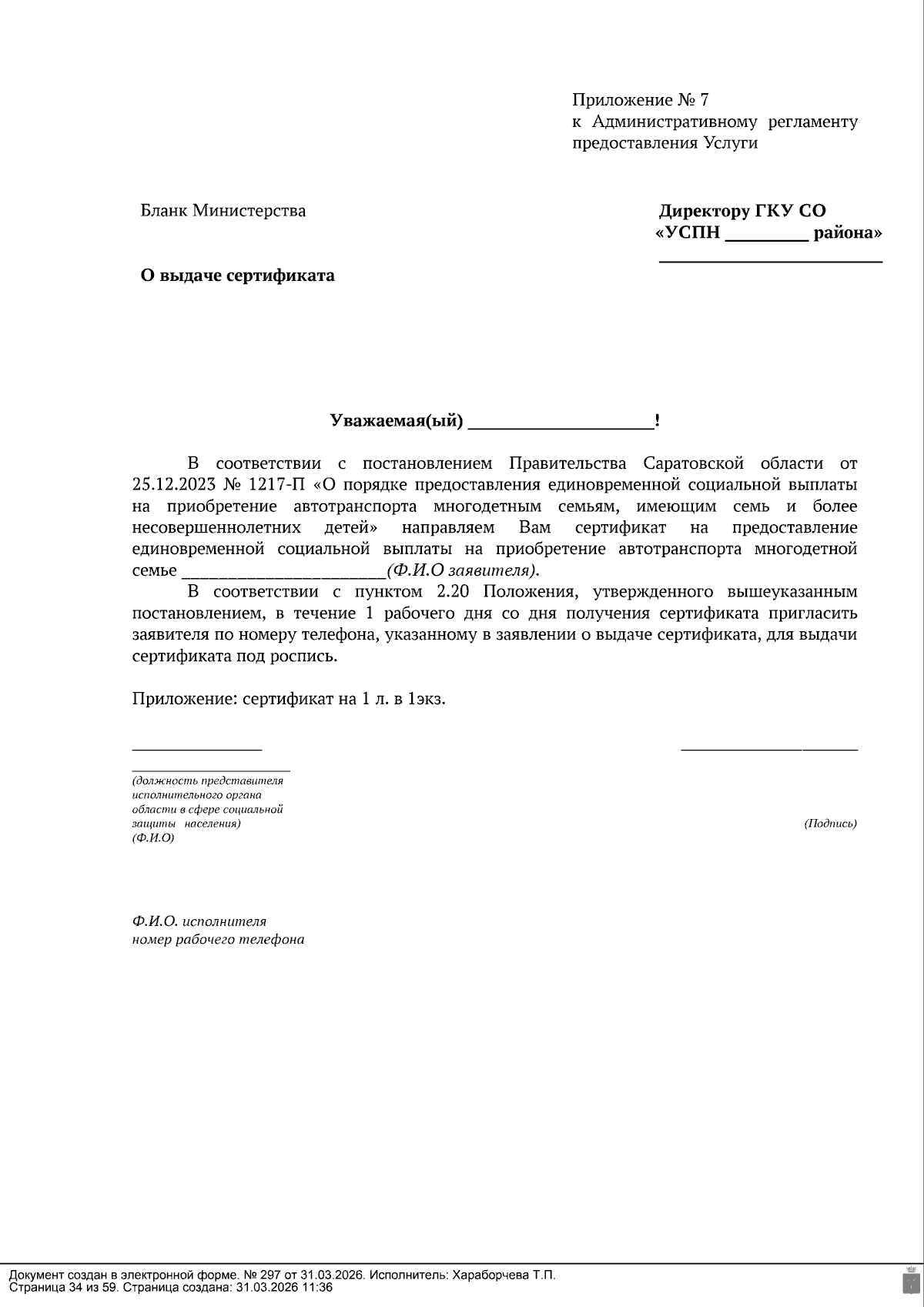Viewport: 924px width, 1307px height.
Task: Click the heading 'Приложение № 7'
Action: click(x=640, y=100)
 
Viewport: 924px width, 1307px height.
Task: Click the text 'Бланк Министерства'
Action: click(x=223, y=211)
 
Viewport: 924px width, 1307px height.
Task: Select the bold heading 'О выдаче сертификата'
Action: click(x=237, y=276)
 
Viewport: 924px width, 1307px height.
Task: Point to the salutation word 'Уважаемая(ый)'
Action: click(x=397, y=421)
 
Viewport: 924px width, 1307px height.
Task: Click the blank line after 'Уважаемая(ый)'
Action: click(x=561, y=423)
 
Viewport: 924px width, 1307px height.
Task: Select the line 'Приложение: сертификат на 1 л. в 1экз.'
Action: click(x=289, y=700)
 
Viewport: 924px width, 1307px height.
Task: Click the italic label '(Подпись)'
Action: click(x=830, y=824)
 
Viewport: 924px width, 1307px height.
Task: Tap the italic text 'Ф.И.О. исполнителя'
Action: click(x=199, y=921)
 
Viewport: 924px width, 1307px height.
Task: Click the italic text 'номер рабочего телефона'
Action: click(x=218, y=940)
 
